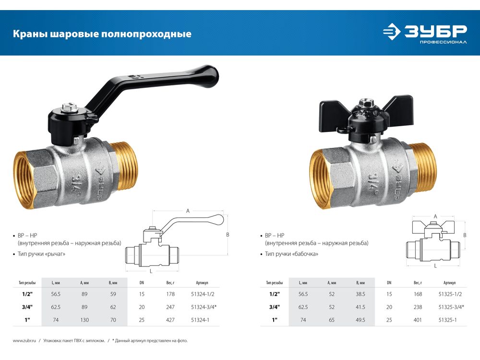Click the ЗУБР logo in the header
(425, 33)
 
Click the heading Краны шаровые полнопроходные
(102, 34)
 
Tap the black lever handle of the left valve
(153, 92)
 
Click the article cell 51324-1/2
(203, 294)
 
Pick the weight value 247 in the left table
(170, 307)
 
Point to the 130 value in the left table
(84, 320)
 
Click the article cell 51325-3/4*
(451, 307)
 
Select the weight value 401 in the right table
(418, 320)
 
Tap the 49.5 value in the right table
(360, 320)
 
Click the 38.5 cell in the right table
(360, 294)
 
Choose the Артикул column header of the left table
(202, 283)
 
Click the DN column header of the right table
(389, 283)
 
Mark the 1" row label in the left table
(27, 320)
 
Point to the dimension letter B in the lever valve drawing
(228, 235)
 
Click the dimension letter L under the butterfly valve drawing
(435, 266)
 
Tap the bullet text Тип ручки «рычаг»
(41, 254)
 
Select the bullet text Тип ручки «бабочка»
(291, 254)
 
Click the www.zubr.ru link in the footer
(24, 341)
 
